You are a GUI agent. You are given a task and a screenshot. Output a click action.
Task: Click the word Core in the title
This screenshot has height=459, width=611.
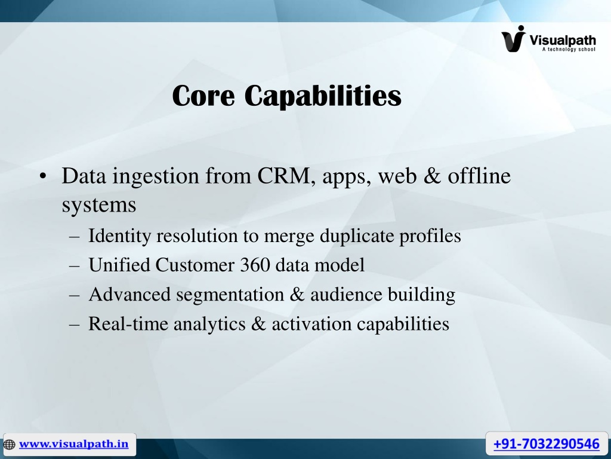(x=203, y=96)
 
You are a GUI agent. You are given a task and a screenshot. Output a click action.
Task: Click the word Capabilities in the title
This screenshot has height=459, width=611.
(x=323, y=96)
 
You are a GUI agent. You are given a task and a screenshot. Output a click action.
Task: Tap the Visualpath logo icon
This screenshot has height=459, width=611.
(x=514, y=39)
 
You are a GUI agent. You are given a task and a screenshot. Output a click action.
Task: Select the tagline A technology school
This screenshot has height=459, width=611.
(x=569, y=49)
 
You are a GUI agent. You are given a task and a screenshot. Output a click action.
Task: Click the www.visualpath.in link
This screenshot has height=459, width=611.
(x=73, y=444)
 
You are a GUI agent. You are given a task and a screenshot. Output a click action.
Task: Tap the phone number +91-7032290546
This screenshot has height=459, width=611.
(x=547, y=444)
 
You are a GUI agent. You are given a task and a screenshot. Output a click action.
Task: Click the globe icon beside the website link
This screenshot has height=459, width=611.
(x=10, y=445)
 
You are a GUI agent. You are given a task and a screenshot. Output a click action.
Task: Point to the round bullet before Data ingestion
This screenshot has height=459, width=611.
(x=43, y=176)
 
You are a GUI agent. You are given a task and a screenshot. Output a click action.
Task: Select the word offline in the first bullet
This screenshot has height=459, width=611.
(x=479, y=176)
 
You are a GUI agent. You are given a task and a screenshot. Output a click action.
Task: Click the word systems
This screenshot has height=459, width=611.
(x=99, y=205)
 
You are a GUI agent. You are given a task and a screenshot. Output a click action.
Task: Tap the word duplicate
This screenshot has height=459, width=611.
(x=357, y=236)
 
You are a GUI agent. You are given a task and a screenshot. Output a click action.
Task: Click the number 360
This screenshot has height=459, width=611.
(x=255, y=265)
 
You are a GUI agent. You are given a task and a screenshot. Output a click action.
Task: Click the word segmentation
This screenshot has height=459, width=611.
(x=230, y=295)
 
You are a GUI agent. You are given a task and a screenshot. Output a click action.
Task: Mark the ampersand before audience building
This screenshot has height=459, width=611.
(x=297, y=295)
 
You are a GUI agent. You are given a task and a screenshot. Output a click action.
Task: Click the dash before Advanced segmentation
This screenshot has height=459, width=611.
(x=74, y=295)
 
